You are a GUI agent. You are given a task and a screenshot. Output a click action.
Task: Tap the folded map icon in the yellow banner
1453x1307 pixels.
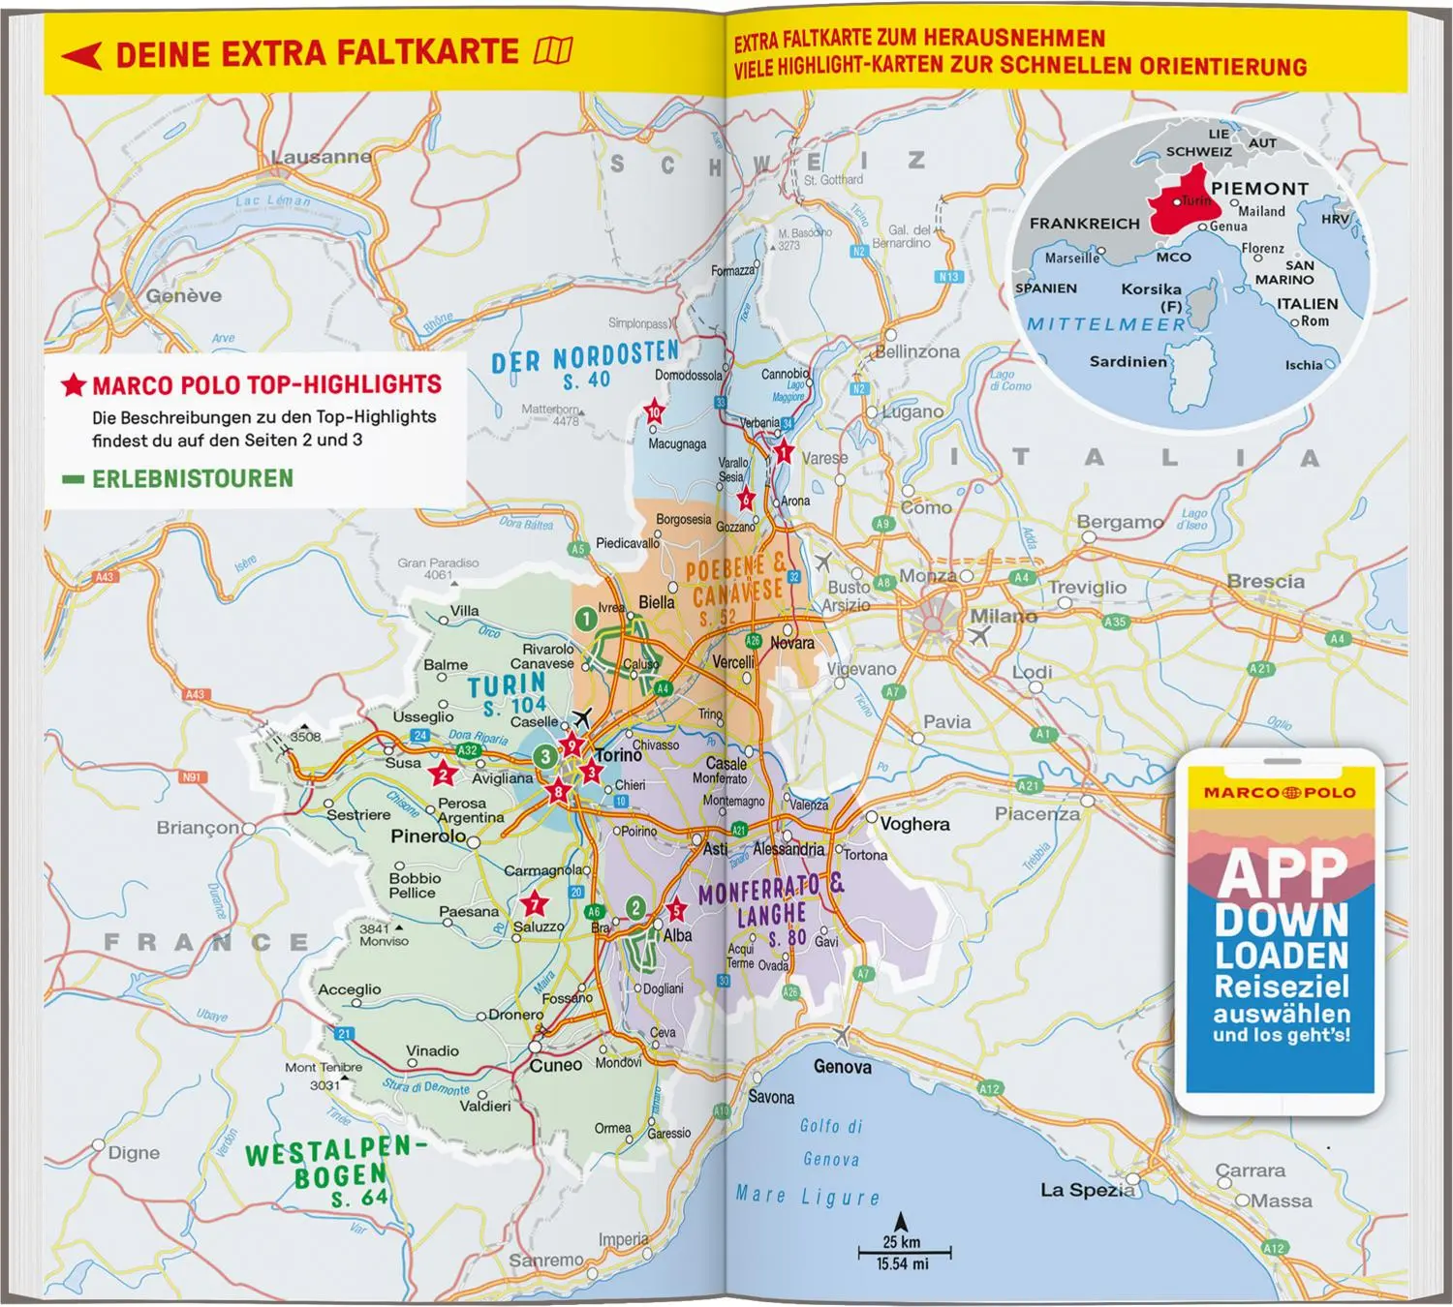[553, 50]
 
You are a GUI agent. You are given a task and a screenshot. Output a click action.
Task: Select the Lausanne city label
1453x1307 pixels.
[321, 157]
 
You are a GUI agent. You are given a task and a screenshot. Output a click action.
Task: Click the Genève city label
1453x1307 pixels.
[184, 295]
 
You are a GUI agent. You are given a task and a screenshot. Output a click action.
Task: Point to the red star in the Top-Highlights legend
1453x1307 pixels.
[74, 385]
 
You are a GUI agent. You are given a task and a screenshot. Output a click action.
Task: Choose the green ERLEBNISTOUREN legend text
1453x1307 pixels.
[192, 478]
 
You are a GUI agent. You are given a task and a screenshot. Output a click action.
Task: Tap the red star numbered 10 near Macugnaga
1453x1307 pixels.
[655, 412]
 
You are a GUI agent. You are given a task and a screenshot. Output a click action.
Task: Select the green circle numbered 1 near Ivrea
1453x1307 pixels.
[585, 618]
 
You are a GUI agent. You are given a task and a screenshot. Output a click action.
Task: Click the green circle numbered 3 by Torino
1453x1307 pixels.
[545, 756]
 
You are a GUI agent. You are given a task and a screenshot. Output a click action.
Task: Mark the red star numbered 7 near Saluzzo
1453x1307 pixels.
[535, 905]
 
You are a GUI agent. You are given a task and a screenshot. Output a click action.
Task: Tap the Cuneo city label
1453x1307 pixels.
[556, 1065]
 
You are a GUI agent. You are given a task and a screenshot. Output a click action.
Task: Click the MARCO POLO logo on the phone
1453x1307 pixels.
[1280, 793]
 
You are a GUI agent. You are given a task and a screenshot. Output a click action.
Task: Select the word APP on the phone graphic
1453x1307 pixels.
[1283, 873]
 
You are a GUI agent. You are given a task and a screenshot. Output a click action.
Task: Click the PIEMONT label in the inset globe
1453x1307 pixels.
[1259, 189]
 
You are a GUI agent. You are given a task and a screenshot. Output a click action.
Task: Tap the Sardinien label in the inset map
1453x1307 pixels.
[1128, 361]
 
